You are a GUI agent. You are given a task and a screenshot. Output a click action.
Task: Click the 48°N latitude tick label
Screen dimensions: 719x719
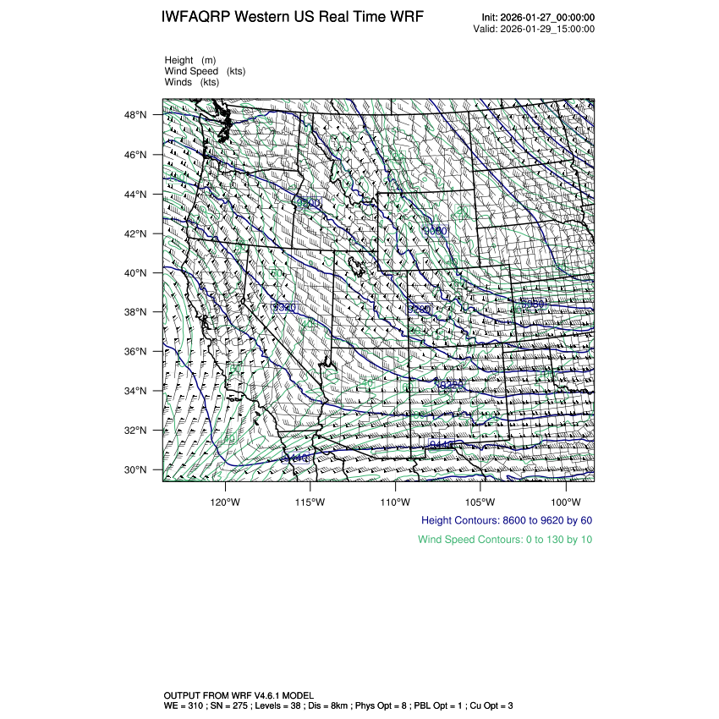tap(138, 115)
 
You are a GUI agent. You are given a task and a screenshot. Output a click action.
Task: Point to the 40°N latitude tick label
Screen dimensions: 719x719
tap(138, 273)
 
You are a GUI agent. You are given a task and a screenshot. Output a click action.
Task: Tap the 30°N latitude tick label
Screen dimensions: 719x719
tap(138, 469)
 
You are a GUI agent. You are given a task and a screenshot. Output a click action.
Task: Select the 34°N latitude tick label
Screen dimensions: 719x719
tap(138, 391)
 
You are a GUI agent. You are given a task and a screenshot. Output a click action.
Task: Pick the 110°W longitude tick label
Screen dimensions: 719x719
tap(395, 501)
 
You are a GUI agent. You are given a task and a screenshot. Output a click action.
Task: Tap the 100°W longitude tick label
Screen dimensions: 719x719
tap(565, 501)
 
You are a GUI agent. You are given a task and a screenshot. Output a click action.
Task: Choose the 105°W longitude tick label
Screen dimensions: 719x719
tap(480, 501)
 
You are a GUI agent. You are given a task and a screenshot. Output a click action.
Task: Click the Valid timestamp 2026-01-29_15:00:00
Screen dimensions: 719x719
tap(548, 29)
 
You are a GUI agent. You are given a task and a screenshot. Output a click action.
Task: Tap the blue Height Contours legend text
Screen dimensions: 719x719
tap(506, 520)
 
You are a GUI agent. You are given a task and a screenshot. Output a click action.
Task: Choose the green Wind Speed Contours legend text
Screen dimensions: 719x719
tap(505, 539)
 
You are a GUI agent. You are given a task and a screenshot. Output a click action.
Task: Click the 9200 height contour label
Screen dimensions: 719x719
tap(309, 203)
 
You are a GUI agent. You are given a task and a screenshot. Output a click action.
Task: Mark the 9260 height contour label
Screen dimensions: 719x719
tap(420, 310)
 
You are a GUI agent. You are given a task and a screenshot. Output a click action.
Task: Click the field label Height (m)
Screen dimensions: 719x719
tap(190, 60)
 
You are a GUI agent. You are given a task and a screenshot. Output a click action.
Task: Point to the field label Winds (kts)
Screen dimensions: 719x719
tap(192, 82)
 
